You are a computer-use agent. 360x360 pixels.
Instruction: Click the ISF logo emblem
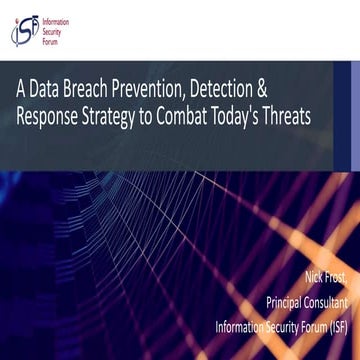pos(25,29)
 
